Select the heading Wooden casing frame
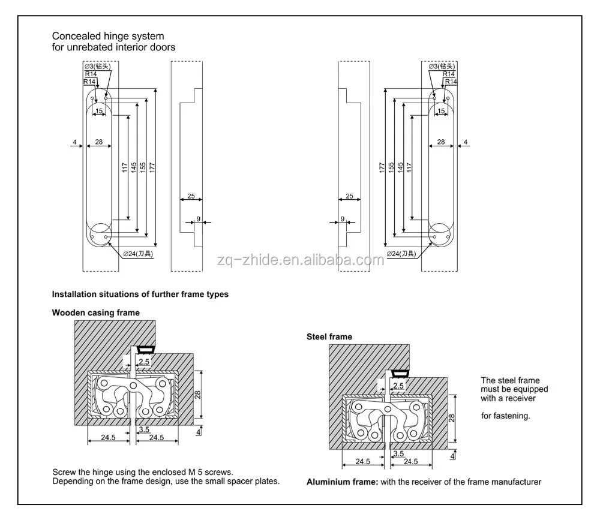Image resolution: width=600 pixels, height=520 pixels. pyautogui.click(x=95, y=312)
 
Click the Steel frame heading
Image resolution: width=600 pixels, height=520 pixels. pyautogui.click(x=329, y=337)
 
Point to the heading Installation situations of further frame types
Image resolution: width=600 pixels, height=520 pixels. pyautogui.click(x=140, y=294)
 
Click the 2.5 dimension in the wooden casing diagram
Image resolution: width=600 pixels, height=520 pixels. pyautogui.click(x=144, y=361)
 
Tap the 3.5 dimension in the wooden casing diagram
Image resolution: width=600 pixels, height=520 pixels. pyautogui.click(x=143, y=429)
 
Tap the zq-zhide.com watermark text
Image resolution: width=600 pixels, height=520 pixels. pyautogui.click(x=299, y=260)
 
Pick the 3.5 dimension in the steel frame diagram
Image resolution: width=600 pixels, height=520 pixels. pyautogui.click(x=398, y=453)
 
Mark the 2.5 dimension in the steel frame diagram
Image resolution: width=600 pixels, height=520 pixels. pyautogui.click(x=398, y=385)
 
